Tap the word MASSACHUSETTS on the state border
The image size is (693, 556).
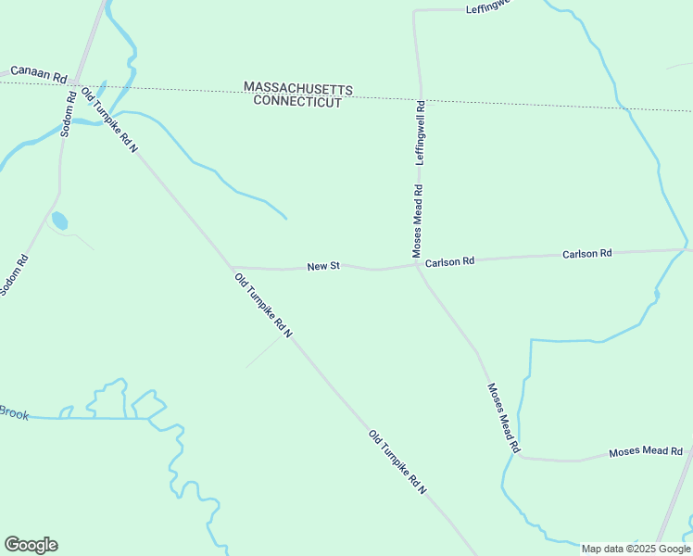pos(298,87)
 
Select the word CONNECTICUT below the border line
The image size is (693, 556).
pos(298,101)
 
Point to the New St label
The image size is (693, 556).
pos(323,266)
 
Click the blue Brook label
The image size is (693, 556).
pos(13,413)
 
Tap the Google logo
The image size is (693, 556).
pos(31,545)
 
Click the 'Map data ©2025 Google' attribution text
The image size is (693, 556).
pos(636,549)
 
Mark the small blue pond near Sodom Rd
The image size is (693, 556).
pos(59,221)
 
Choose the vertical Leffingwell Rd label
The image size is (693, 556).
pos(421,133)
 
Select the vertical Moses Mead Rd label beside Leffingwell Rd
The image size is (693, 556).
pos(418,221)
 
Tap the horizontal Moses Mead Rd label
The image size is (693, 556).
pos(646,452)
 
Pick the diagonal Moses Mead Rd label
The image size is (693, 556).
pos(501,418)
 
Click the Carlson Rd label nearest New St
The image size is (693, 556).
pos(449,262)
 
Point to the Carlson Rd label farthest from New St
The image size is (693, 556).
pos(587,253)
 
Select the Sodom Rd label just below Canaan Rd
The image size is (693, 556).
pos(69,114)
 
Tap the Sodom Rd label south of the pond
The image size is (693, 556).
pos(15,275)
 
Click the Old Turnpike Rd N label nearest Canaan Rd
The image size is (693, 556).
pos(109,120)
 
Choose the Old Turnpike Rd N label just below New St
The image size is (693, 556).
pos(263,305)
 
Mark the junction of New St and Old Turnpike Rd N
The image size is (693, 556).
pos(231,267)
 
